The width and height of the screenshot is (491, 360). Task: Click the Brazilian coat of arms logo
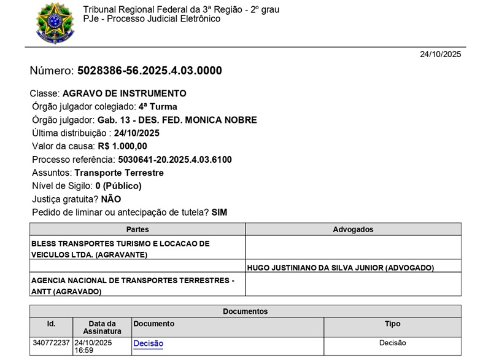tap(54, 22)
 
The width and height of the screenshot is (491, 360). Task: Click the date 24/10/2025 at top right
tap(440, 54)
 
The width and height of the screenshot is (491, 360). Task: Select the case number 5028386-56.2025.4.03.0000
tap(149, 71)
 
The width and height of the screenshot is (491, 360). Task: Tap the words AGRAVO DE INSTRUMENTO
tap(124, 93)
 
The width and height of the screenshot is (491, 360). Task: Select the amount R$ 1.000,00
tap(122, 146)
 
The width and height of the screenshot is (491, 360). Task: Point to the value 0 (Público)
tap(118, 186)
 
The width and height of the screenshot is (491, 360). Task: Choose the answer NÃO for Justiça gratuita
tap(111, 199)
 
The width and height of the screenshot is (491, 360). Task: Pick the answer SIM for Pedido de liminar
tap(219, 213)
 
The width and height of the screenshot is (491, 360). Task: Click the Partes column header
tap(137, 229)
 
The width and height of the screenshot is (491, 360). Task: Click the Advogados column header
tap(353, 229)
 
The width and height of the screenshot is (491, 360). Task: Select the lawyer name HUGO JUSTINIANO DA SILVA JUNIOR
tap(340, 268)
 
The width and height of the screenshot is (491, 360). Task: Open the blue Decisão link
tap(148, 343)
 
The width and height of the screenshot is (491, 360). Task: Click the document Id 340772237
tap(51, 343)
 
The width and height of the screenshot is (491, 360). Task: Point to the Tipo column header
tap(392, 324)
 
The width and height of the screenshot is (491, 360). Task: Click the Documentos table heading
tap(245, 311)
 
